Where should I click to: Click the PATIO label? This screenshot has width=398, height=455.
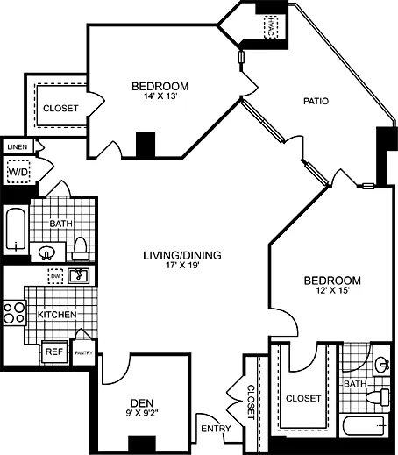pos(316,101)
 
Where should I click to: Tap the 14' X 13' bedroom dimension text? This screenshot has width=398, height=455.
pos(160,98)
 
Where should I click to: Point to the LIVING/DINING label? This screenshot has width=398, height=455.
pos(182,256)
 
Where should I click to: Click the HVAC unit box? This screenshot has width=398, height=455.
pos(269,26)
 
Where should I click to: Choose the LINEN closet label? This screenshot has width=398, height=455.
pos(18,147)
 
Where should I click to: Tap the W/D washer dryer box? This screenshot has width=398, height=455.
pos(18,173)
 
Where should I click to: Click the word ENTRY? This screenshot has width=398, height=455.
pos(215,428)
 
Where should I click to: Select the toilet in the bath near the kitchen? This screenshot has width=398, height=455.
pos(80,247)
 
